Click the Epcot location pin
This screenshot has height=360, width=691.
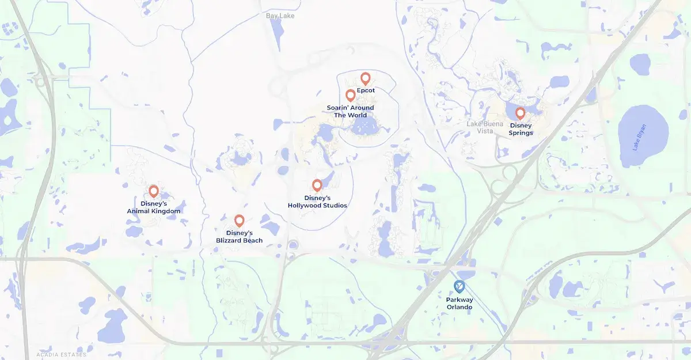tap(365, 78)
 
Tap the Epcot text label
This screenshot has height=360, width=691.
tap(366, 90)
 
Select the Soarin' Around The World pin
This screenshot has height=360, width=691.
tap(350, 95)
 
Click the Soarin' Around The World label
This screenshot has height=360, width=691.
tap(350, 111)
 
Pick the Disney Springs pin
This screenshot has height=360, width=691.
tap(520, 113)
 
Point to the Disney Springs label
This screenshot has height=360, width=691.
tap(521, 129)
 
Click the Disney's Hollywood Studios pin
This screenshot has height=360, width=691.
tap(317, 185)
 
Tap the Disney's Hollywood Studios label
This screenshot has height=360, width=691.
tap(317, 202)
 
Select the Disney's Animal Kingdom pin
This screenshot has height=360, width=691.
tap(154, 191)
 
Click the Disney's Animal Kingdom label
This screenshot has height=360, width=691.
tap(154, 207)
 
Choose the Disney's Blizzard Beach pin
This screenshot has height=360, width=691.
tap(240, 220)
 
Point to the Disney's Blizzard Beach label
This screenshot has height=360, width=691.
tap(240, 237)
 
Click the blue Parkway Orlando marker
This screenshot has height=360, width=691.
tap(459, 286)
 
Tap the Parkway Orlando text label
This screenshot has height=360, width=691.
tap(459, 303)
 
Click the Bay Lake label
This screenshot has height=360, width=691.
tap(280, 16)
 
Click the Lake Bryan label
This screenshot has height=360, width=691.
tap(640, 138)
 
